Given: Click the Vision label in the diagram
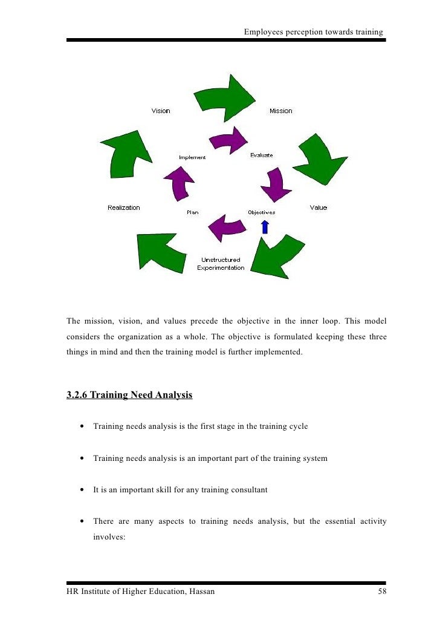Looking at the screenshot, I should point(161,111).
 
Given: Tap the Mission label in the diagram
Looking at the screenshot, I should point(280,111).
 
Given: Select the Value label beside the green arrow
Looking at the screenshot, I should point(319,207).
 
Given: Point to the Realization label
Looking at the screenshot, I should point(124,207).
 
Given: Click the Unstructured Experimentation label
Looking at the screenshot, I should point(221,264).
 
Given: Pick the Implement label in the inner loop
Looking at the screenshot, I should point(192,157).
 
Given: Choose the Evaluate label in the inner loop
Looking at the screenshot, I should point(262,155).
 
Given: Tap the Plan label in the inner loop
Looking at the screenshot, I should point(192,212).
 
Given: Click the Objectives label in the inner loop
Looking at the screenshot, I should point(262,212).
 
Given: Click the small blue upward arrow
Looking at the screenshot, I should point(264,227).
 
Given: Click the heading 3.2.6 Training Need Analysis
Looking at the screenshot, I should point(129,396).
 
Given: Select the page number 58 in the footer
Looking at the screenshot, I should point(382,592).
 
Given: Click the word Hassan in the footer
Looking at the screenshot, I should point(201,592).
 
